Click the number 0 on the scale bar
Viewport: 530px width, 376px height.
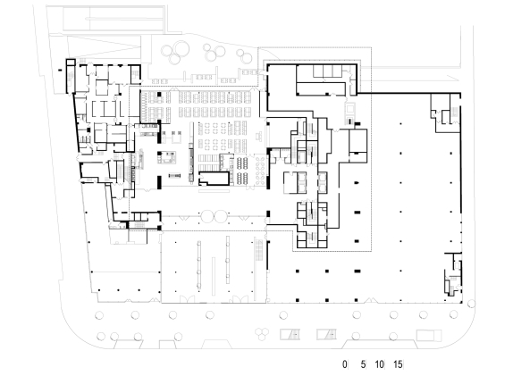pos(345,364)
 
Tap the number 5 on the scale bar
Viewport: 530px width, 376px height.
pos(363,364)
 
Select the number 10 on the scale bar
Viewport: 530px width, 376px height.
pos(380,364)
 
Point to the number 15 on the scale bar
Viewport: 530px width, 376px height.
pos(399,364)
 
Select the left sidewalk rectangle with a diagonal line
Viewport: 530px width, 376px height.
pos(291,334)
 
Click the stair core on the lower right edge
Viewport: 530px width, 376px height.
pos(454,273)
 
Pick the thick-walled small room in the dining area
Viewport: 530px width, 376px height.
pos(215,180)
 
